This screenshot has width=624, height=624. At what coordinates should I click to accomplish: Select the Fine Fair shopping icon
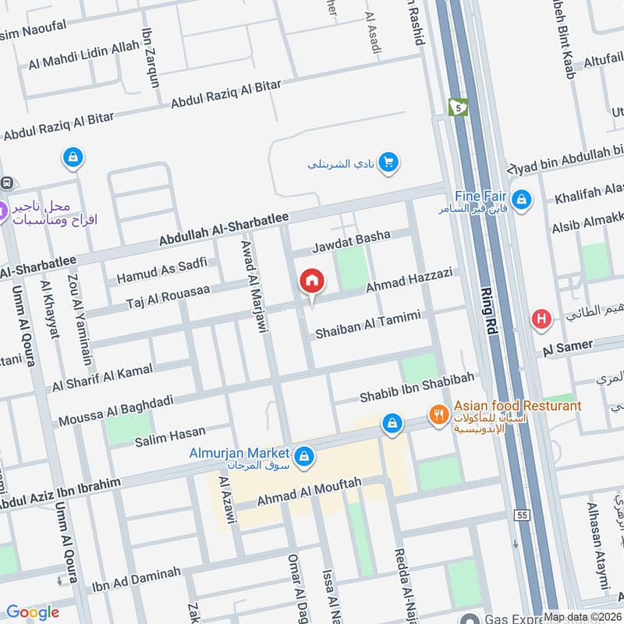pos(522,200)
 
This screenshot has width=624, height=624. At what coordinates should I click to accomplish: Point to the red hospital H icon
pos(541,318)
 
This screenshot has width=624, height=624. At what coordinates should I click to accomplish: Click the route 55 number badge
pos(522,516)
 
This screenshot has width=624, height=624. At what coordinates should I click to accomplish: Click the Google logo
pos(33,612)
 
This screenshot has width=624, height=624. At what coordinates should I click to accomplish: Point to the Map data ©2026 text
pos(583,617)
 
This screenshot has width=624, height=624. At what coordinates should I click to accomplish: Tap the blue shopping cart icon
pos(388,162)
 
